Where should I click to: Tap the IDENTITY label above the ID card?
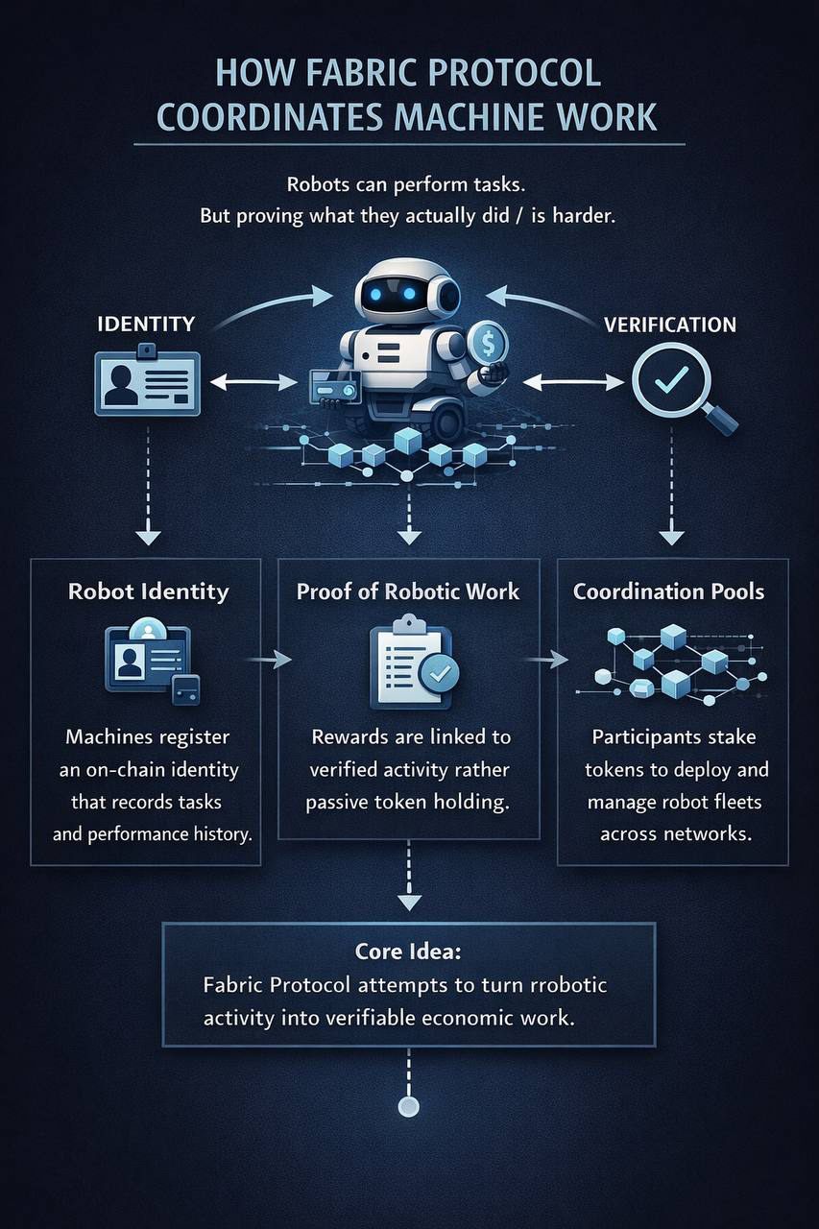[x=146, y=324]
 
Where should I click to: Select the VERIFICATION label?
[x=670, y=324]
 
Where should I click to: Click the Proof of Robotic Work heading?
[x=408, y=591]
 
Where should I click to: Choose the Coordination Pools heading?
[x=669, y=590]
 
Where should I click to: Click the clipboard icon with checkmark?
[x=410, y=666]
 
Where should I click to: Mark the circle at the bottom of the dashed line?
[x=409, y=1107]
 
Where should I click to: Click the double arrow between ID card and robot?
[x=253, y=382]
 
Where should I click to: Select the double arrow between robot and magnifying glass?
[x=573, y=382]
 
